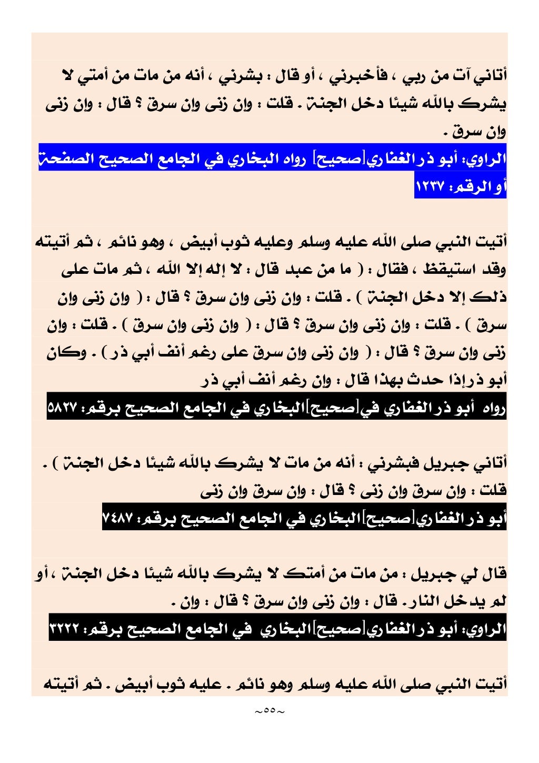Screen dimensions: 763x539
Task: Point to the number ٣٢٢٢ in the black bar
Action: pyautogui.click(x=64, y=629)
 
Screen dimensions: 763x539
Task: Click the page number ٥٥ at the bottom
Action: pyautogui.click(x=269, y=711)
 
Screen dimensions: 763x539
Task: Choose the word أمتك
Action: pyautogui.click(x=304, y=573)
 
